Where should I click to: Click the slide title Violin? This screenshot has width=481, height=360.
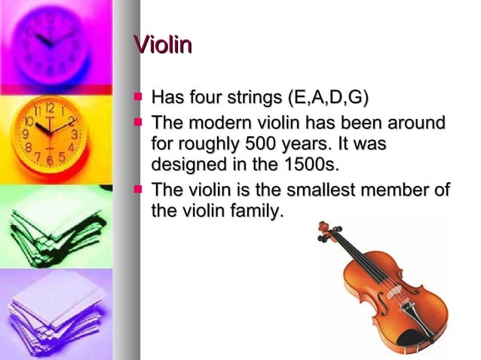162,45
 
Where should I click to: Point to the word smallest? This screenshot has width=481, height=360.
315,191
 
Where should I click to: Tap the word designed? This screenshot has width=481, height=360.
186,163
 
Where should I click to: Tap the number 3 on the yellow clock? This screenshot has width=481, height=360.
75,134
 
